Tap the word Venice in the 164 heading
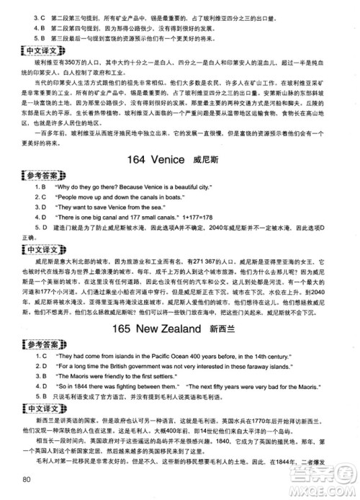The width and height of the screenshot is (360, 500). point(168,159)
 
